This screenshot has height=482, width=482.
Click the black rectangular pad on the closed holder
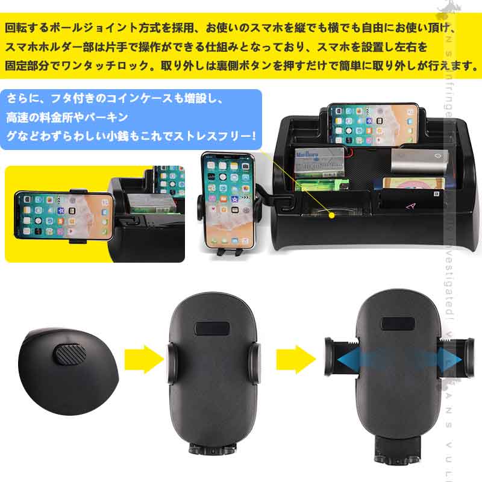(x=213, y=329)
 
